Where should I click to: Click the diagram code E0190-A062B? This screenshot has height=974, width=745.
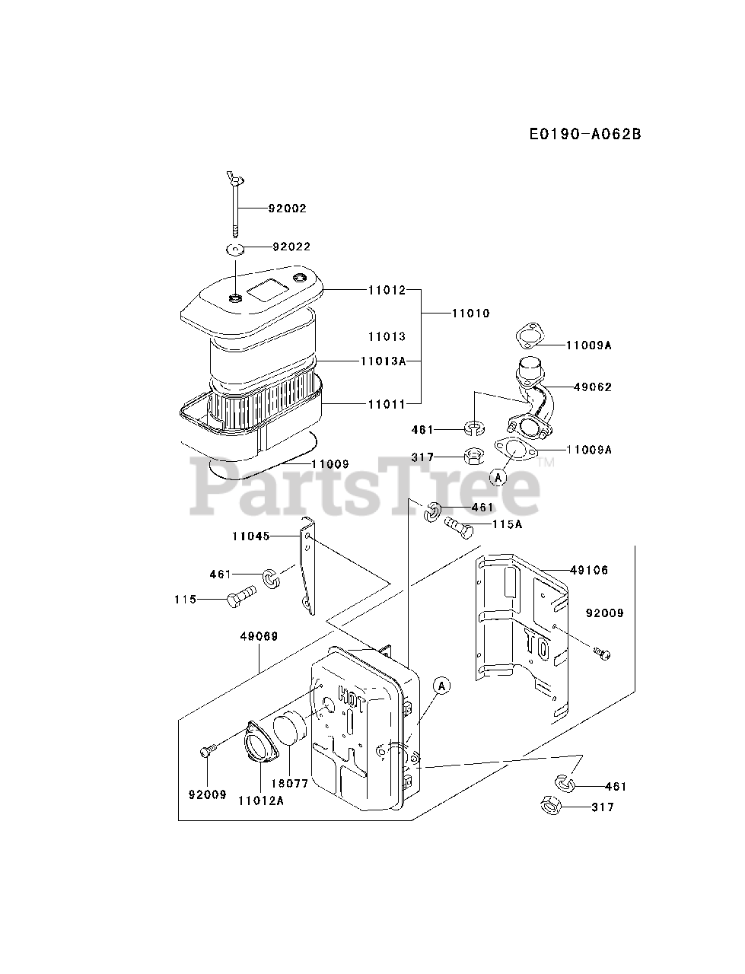(x=585, y=135)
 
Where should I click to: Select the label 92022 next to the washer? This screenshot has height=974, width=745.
(x=291, y=247)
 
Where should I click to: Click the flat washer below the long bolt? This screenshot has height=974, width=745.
(x=235, y=249)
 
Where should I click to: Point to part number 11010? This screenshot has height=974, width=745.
(x=470, y=313)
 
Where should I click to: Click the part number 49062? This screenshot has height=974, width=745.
(x=593, y=387)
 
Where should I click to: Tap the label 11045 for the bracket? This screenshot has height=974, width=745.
(x=251, y=536)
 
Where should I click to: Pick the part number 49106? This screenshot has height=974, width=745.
(x=590, y=570)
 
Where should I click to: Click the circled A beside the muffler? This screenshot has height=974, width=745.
(x=442, y=686)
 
